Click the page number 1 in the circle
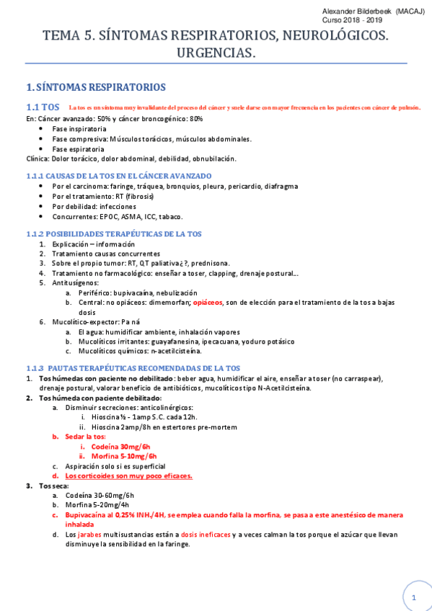[x=414, y=598]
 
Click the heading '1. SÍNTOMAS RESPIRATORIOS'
[x=95, y=87]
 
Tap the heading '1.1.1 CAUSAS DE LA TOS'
[x=119, y=176]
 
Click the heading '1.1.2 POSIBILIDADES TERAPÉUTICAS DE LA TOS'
[x=114, y=233]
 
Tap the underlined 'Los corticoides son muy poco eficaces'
[x=128, y=476]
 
